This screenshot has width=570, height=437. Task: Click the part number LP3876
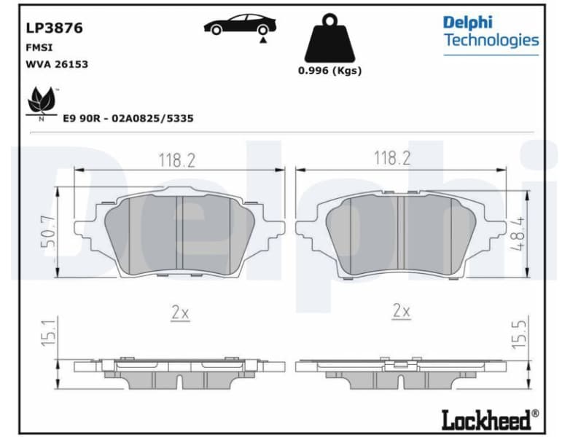coord(55,28)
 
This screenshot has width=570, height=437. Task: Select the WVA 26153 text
coord(57,64)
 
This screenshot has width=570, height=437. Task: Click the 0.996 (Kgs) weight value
coord(329,71)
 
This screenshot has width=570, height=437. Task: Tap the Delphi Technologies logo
coord(491,31)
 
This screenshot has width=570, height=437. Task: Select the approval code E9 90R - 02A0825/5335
coord(128,118)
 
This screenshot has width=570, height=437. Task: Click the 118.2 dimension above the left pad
coord(178,160)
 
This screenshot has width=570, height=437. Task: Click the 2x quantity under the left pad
coord(180,312)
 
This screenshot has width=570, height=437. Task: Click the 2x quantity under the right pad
coord(401,312)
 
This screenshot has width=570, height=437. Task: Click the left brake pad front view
coord(179,235)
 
